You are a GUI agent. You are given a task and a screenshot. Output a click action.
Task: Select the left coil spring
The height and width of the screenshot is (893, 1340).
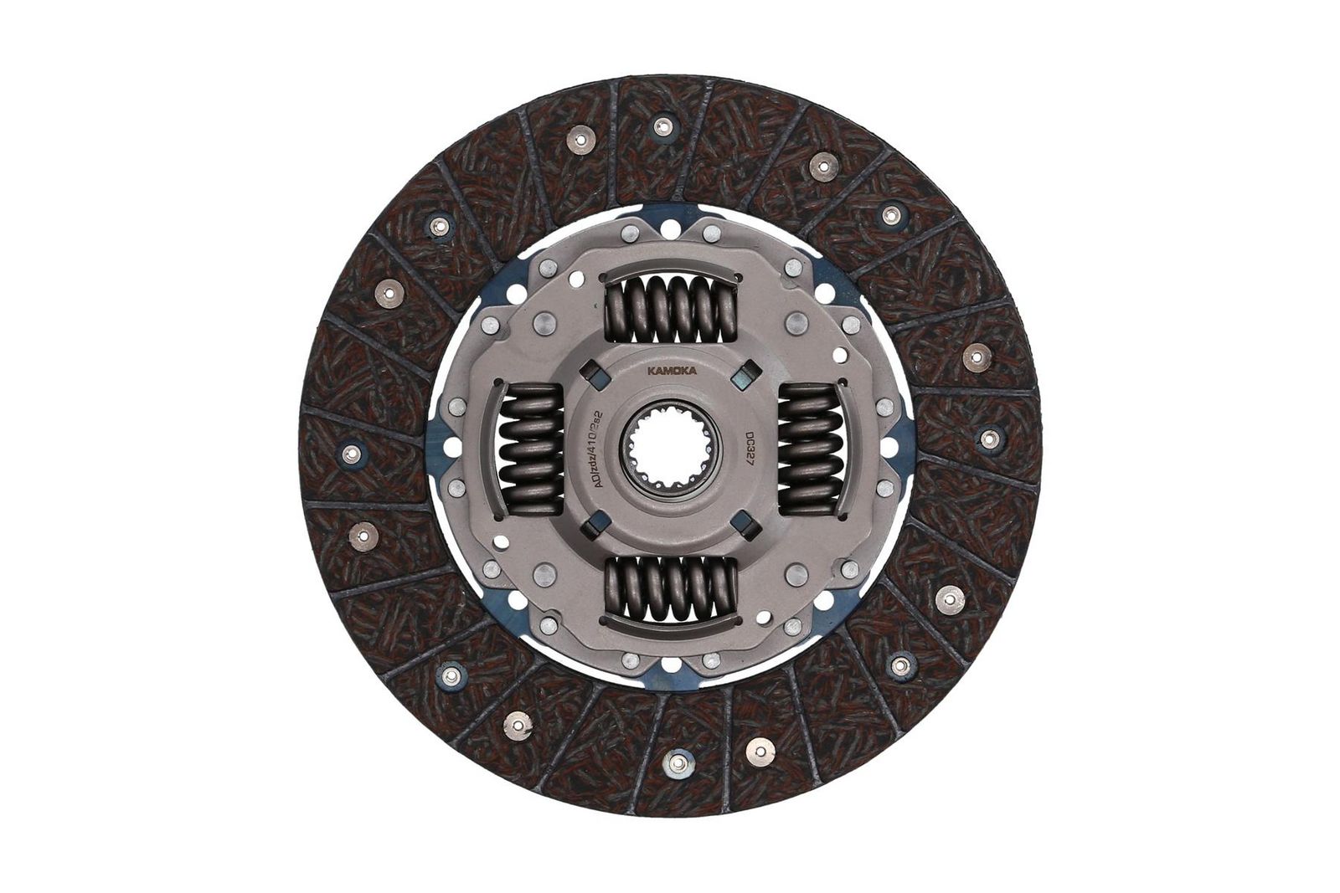click(529, 449)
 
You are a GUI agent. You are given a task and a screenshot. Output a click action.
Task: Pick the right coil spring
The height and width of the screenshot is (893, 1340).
click(810, 449)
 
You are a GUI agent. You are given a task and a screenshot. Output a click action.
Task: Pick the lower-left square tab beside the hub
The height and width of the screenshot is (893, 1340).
click(595, 525)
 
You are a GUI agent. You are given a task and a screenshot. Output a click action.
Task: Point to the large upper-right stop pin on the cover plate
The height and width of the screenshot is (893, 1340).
click(796, 321)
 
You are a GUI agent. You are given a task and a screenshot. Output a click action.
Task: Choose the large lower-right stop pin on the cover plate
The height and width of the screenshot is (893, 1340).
click(796, 574)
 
